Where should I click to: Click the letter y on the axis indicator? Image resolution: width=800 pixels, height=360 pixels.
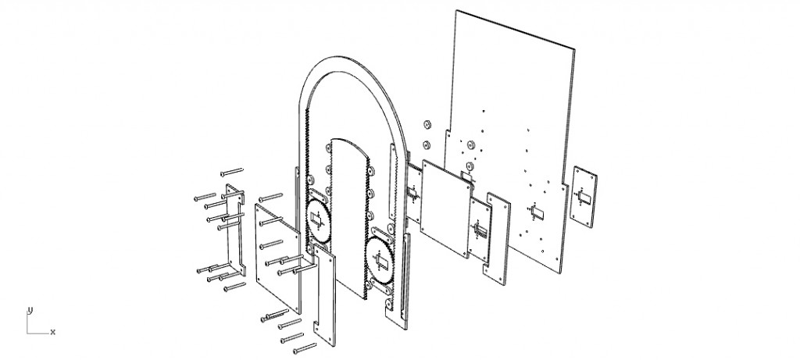[x=30, y=310]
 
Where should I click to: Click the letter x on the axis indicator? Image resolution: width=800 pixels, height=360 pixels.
[x=52, y=333]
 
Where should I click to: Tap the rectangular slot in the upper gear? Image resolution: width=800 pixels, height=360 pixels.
[x=317, y=219]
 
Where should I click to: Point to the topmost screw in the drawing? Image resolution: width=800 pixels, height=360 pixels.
[x=231, y=172]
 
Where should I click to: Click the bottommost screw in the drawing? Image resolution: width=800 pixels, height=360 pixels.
[x=305, y=348]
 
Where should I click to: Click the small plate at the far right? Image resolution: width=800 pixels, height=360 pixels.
[x=583, y=196]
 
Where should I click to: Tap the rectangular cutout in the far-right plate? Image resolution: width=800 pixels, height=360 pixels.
[x=584, y=196]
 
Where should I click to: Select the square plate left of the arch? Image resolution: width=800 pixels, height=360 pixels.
[x=277, y=258]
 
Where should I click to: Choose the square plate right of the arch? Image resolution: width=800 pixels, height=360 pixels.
[x=445, y=209]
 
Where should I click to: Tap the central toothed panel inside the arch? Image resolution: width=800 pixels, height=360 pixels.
[x=348, y=217]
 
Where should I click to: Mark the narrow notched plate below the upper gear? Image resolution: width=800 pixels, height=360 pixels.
[x=324, y=294]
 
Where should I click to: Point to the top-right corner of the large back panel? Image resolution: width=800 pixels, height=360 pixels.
[x=575, y=49]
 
